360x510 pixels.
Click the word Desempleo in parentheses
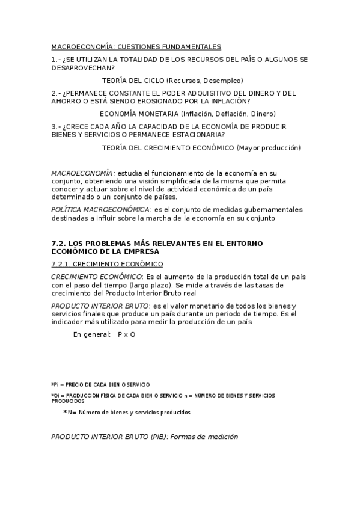tap(223, 80)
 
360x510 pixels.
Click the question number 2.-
tap(56, 93)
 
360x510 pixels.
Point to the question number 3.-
tap(56, 126)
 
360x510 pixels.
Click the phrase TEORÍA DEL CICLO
tap(133, 80)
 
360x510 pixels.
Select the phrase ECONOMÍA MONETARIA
tap(138, 114)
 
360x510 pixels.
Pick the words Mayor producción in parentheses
tap(269, 147)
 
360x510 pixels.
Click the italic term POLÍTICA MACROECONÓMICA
tap(100, 209)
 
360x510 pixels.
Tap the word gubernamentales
tap(272, 209)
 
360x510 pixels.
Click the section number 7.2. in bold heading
tap(60, 243)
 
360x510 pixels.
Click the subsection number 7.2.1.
tap(62, 264)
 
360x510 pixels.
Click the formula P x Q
tap(127, 334)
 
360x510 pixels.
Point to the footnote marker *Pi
tap(55, 384)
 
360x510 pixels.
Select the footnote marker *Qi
tap(55, 395)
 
